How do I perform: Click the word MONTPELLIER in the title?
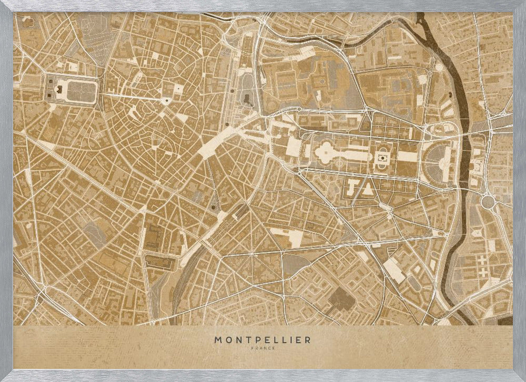[x=262, y=340]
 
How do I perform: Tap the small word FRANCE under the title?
[x=262, y=348]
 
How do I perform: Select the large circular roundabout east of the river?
[x=488, y=201]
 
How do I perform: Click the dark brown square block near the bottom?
[x=341, y=298]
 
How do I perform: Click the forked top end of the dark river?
[x=421, y=18]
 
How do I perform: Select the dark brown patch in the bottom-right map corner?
[x=504, y=321]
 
